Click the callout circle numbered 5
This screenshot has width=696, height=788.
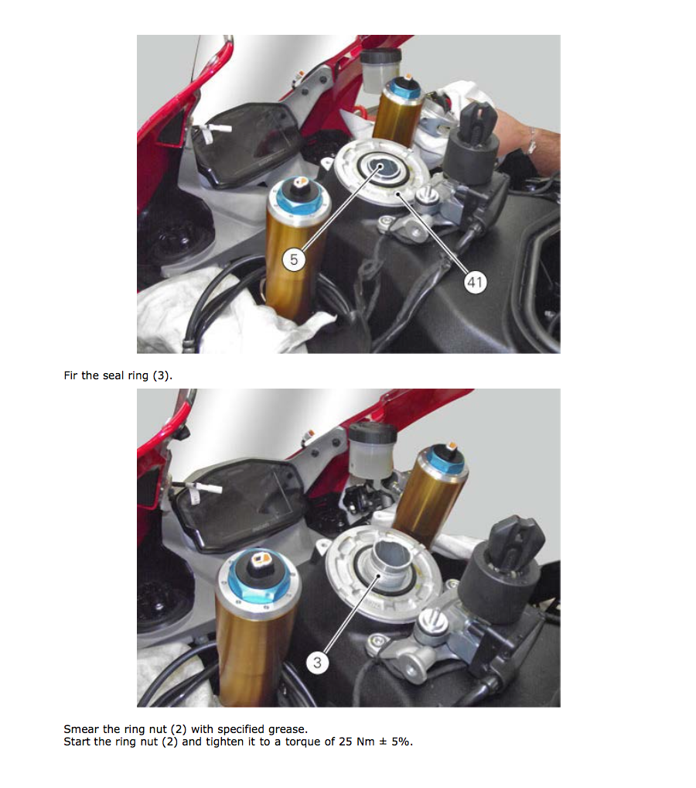294,260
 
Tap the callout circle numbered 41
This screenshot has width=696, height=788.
475,282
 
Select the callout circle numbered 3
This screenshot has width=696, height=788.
317,663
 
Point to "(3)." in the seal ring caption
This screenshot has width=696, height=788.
162,375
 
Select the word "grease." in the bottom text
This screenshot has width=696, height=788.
288,730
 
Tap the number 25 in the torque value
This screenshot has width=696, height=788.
346,742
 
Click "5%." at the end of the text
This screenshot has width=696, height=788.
402,742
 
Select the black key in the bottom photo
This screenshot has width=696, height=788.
518,543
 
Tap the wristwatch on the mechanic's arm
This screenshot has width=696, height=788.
531,141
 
